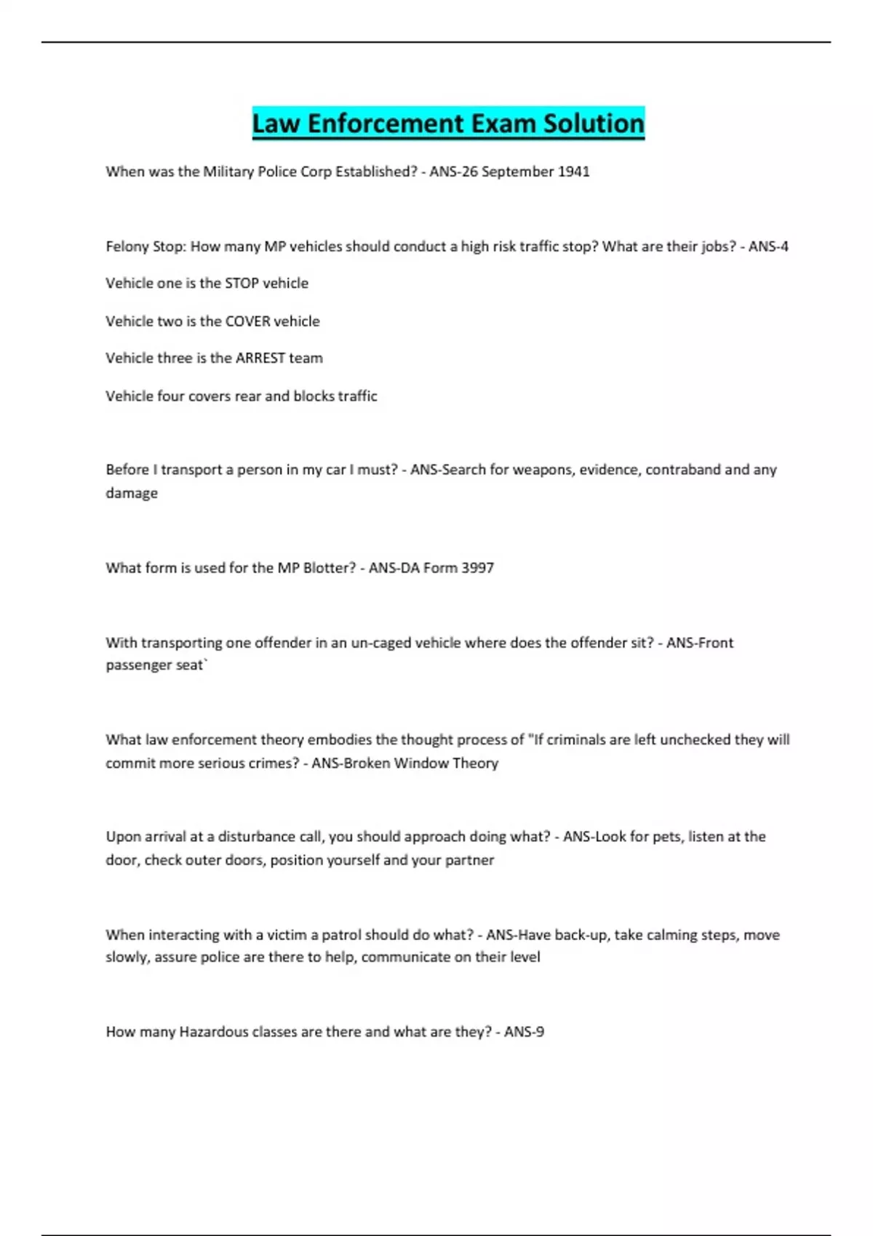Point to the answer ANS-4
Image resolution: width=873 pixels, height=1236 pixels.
tap(768, 246)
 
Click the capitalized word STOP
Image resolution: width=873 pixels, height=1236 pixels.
tap(242, 284)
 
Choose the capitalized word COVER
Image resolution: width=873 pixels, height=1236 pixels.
tap(247, 321)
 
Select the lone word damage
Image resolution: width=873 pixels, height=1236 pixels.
tap(132, 493)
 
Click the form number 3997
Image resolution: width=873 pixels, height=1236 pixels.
tap(477, 568)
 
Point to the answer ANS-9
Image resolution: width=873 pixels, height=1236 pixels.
tap(524, 1032)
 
